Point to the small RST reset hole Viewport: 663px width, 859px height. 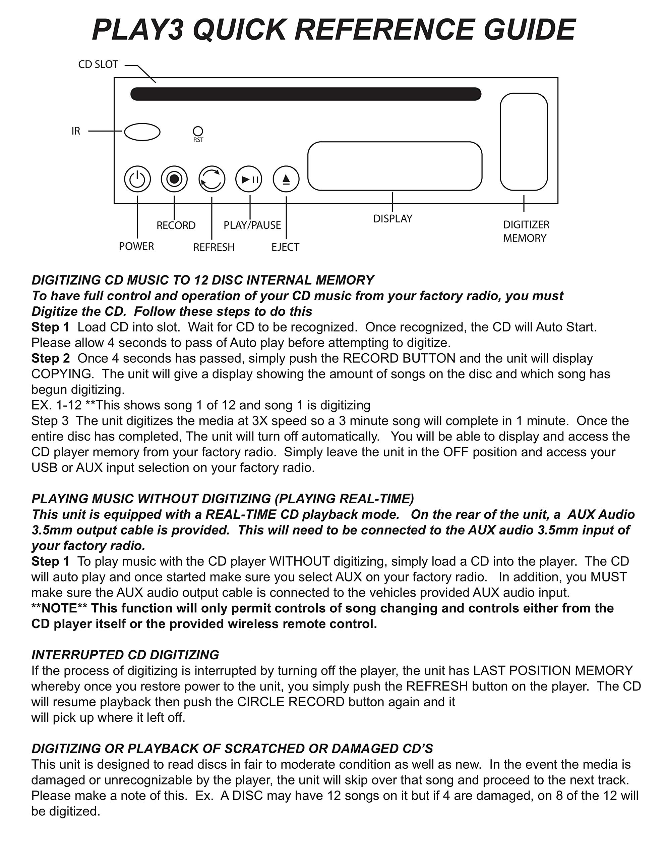198,131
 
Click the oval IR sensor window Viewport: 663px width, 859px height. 142,132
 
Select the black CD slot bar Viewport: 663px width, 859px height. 306,94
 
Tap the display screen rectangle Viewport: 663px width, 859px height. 395,166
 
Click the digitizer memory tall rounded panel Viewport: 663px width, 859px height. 524,142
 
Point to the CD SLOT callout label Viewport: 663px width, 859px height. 98,64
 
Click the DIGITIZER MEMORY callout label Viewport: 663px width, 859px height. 526,231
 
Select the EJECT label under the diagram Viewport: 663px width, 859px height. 285,247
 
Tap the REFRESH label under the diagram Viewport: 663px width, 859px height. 214,247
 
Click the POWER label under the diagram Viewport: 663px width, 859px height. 136,246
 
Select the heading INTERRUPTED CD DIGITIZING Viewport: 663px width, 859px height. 125,655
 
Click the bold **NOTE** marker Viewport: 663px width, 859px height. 59,608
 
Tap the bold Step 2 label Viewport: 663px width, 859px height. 50,358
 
